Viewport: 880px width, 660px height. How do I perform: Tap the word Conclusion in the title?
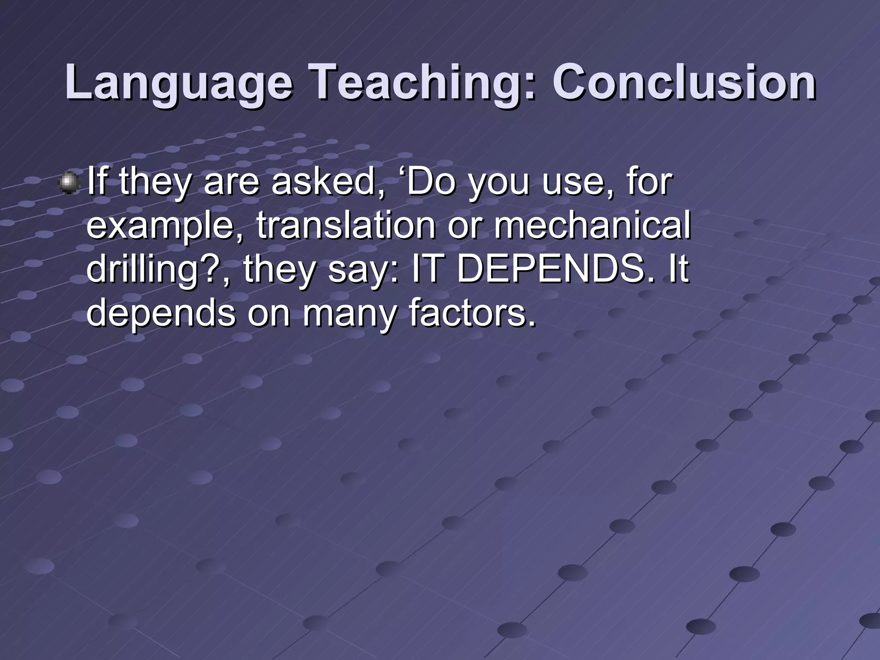click(684, 82)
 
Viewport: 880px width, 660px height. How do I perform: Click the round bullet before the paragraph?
click(69, 183)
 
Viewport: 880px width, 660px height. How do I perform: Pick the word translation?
click(346, 225)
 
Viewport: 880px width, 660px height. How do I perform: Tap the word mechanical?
click(592, 225)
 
